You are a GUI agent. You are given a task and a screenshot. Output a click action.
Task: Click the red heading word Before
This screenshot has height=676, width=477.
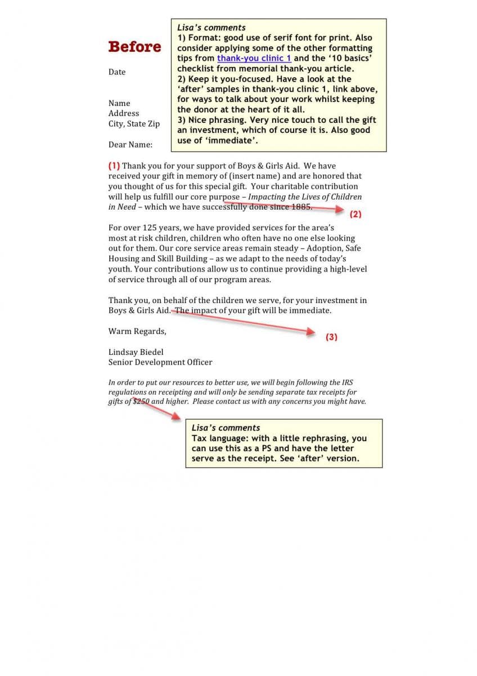tap(134, 47)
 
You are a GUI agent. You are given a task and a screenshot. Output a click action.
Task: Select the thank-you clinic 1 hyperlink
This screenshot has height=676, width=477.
tap(254, 58)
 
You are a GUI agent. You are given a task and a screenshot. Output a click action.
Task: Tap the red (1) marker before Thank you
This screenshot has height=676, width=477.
tap(114, 166)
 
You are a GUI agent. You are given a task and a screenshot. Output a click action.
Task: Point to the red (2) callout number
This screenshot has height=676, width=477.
tap(355, 214)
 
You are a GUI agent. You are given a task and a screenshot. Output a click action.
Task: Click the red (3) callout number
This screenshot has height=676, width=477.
tap(331, 337)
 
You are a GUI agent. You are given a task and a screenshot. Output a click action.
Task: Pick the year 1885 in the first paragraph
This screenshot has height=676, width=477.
tap(301, 207)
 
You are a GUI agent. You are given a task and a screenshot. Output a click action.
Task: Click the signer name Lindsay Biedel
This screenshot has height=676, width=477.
tap(136, 352)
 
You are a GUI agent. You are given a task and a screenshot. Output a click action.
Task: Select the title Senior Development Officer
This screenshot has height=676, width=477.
tap(160, 362)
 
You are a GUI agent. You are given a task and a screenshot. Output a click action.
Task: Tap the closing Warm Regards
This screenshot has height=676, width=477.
tap(137, 331)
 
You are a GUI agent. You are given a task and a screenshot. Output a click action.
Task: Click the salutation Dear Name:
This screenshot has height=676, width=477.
tap(130, 145)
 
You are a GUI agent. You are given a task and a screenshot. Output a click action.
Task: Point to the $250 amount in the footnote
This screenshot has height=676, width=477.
tap(141, 402)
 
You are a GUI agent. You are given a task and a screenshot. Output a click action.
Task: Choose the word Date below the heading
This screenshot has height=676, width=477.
tap(117, 72)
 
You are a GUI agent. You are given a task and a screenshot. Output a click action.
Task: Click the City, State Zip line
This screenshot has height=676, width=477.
tap(134, 124)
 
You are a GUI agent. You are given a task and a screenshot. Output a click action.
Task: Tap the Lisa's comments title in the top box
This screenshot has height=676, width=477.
tap(211, 28)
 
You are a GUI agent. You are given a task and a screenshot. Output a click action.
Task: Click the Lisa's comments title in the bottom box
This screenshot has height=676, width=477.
tap(226, 428)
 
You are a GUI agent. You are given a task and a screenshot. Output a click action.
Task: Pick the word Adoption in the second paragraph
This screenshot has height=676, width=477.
tap(325, 248)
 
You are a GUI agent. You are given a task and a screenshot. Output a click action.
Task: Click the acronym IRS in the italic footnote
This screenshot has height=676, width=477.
tap(349, 383)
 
